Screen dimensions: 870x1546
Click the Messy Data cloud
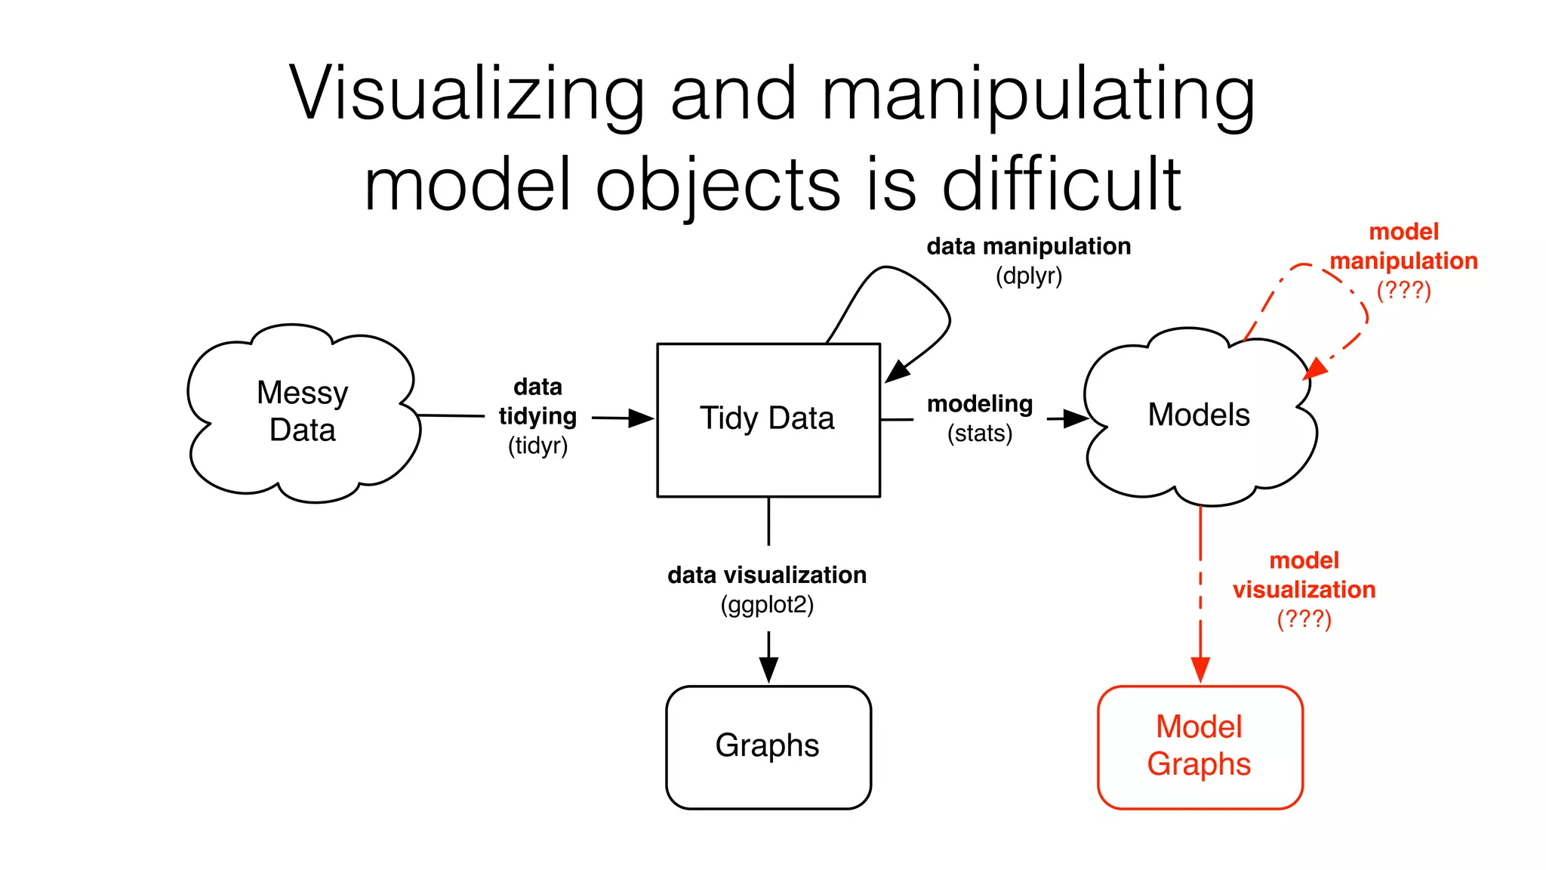[x=302, y=412]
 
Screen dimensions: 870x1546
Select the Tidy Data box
[x=768, y=419]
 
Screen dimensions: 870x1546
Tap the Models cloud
[x=1199, y=415]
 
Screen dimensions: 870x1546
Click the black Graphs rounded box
[x=768, y=746]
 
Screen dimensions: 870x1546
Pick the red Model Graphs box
[x=1200, y=746]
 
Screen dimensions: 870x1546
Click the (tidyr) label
[x=537, y=446]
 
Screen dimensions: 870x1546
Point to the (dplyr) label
[x=1028, y=276]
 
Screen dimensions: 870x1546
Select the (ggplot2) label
[x=767, y=605]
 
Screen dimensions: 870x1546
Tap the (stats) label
[x=980, y=433]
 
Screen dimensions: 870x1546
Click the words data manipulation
[x=1028, y=246]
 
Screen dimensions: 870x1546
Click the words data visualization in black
[x=767, y=575]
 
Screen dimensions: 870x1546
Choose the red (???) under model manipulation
[x=1403, y=290]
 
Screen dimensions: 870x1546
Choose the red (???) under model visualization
[x=1304, y=619]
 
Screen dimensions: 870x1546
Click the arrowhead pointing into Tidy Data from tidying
[x=642, y=418]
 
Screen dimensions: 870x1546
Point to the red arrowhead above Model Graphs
[x=1200, y=669]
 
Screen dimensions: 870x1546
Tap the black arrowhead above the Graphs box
[x=768, y=669]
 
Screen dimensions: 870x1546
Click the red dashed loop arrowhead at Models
[x=1315, y=369]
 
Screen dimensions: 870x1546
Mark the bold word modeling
[x=980, y=404]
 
